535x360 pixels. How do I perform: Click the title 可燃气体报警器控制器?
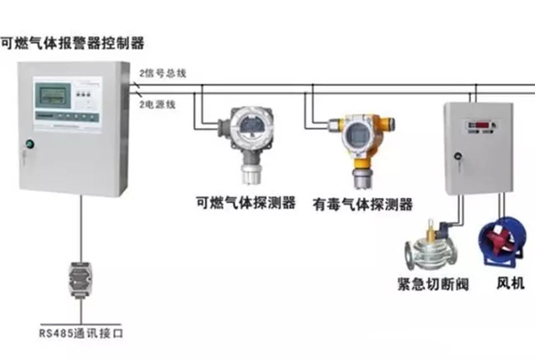pos(72,42)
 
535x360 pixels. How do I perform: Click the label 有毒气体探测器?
pos(363,203)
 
